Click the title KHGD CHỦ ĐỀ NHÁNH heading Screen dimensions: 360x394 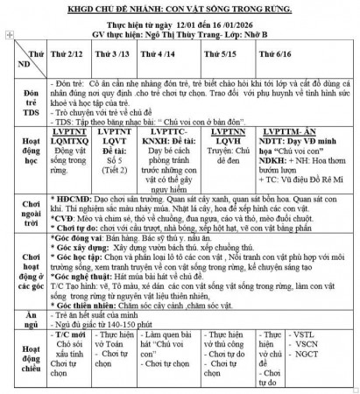(180, 8)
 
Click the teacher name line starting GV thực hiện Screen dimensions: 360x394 (179, 38)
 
